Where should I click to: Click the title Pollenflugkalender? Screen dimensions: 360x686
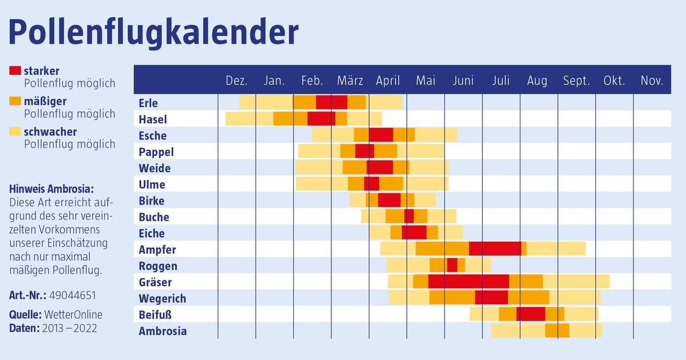(153, 32)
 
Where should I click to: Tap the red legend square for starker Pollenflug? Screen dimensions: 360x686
(15, 70)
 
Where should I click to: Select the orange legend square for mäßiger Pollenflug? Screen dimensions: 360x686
(15, 101)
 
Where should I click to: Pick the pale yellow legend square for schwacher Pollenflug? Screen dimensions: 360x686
(15, 131)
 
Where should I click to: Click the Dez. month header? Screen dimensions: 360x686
(236, 81)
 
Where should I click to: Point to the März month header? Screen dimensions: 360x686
(350, 81)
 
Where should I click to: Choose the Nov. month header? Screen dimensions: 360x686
(652, 81)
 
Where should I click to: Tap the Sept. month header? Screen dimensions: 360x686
(576, 81)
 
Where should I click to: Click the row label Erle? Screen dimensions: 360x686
(148, 103)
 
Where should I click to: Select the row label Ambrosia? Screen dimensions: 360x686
(162, 331)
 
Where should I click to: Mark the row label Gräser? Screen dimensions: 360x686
(155, 282)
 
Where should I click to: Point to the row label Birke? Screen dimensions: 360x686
(151, 201)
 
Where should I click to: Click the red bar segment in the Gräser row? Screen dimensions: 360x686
(468, 281)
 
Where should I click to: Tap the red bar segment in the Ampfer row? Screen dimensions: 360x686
(495, 249)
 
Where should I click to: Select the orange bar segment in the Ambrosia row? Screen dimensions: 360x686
(557, 331)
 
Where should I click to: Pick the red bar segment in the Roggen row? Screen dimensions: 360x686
(452, 265)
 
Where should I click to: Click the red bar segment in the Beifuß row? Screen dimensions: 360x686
(531, 314)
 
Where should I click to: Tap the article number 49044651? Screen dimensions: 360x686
(72, 296)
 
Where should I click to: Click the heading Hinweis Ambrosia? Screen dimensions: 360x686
(51, 189)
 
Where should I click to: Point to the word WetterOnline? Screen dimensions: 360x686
(73, 314)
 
